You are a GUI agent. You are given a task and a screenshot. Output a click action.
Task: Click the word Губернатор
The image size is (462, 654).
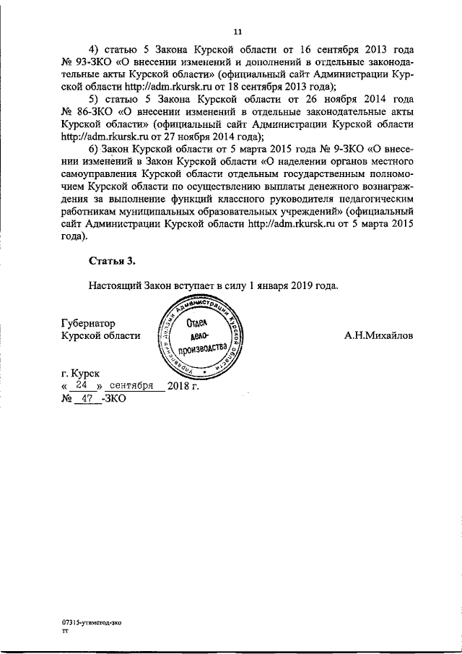[89, 323]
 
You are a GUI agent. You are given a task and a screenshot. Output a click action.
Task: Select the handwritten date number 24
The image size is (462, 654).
[82, 385]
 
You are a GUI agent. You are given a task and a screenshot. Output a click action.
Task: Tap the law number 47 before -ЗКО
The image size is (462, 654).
[90, 398]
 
